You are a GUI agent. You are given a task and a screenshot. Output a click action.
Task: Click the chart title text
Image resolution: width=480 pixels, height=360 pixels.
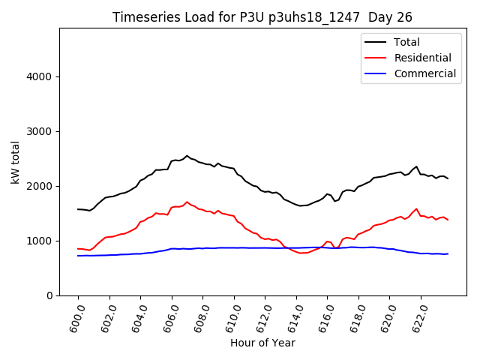coord(262,17)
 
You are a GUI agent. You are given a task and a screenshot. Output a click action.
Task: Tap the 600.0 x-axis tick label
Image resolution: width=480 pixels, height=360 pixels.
coord(76,317)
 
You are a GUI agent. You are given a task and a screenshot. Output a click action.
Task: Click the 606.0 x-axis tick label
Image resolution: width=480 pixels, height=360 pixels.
coord(169,317)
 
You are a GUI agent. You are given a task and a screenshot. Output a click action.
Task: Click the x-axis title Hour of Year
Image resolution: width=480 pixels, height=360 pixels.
coord(262,343)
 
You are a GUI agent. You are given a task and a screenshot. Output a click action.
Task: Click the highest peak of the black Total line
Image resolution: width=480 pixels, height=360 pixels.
coord(187,156)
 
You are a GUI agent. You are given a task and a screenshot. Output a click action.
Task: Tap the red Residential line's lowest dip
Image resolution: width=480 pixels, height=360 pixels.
coord(302,253)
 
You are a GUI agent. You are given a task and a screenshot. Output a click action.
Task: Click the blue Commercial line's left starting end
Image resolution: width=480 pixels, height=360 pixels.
coord(78,256)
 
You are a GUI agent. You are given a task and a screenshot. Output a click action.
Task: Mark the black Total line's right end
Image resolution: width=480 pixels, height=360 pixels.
coord(448,178)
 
